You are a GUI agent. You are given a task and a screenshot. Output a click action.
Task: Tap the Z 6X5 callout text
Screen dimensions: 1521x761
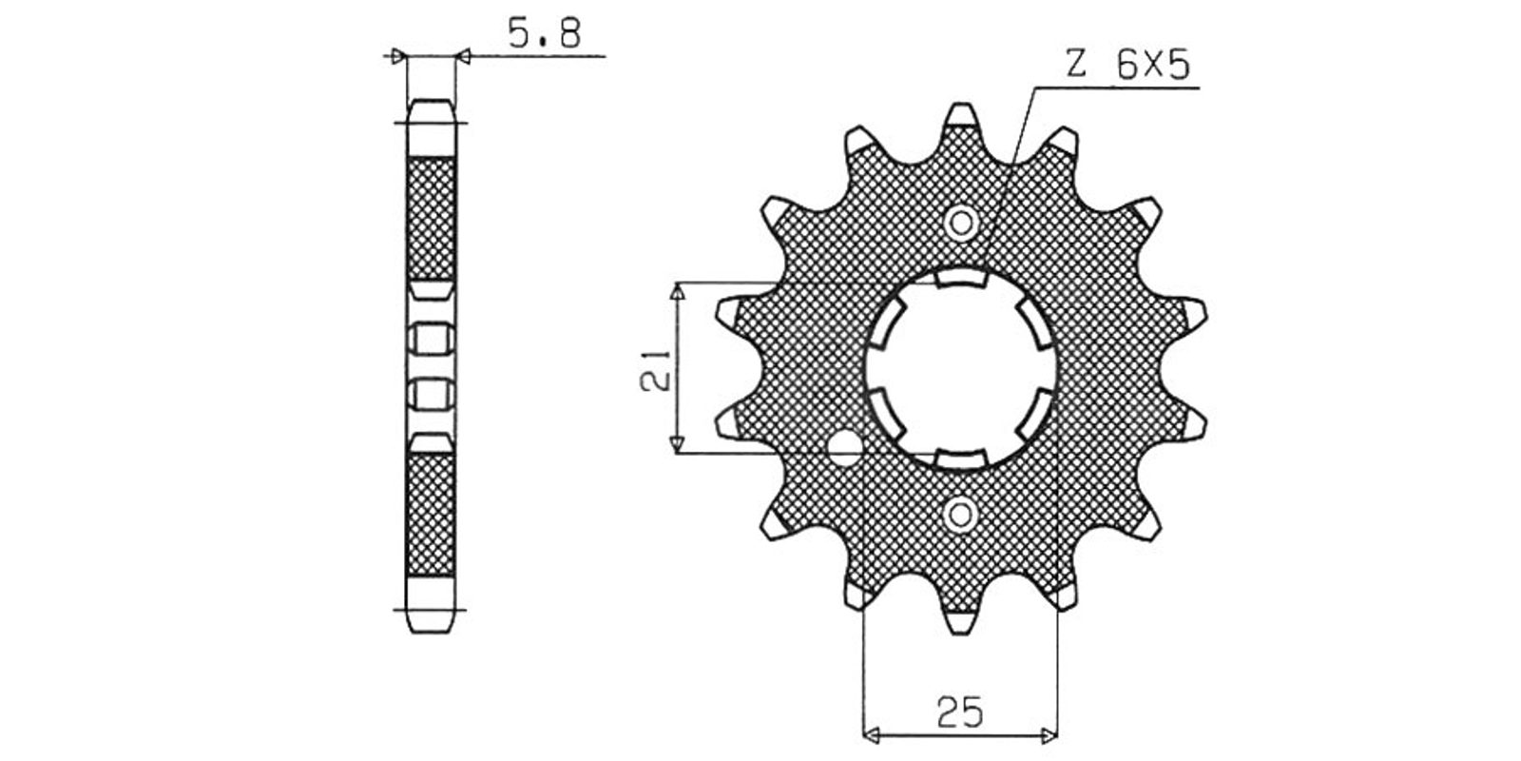pyautogui.click(x=1127, y=66)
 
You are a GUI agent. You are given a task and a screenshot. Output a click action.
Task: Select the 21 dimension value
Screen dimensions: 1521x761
pyautogui.click(x=655, y=371)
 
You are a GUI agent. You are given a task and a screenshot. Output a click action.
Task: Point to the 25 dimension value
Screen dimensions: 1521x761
pyautogui.click(x=959, y=712)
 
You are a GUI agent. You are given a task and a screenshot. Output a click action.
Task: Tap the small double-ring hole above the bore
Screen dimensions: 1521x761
pyautogui.click(x=961, y=223)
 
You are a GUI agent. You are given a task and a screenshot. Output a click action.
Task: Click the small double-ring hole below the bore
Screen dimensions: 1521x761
pyautogui.click(x=960, y=515)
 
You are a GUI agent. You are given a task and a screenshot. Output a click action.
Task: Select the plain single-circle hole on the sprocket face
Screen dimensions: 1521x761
pyautogui.click(x=844, y=446)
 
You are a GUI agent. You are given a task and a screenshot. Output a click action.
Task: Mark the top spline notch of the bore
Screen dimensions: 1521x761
pyautogui.click(x=960, y=277)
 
